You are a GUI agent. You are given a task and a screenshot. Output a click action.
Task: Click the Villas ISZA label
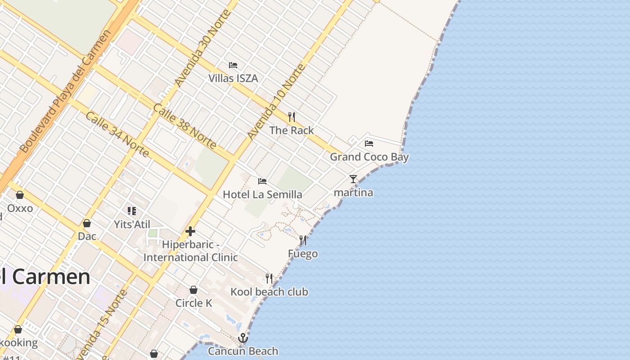pos(233,78)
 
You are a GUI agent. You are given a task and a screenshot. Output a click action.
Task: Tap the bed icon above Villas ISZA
pos(233,65)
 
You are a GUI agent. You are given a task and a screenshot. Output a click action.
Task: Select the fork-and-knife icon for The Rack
pos(292,117)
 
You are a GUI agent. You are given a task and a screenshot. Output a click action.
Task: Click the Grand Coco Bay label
pos(369,157)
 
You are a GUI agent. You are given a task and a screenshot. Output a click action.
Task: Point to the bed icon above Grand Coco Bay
pos(369,144)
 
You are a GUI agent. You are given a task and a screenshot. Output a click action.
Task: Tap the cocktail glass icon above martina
pos(353,179)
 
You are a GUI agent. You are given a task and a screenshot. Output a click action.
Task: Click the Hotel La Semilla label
pos(262,195)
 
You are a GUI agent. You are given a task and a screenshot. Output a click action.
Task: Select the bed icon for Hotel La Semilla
pos(262,181)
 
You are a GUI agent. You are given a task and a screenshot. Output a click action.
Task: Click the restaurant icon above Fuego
pos(303,240)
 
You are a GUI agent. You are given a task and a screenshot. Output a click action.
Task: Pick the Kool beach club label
pos(269,292)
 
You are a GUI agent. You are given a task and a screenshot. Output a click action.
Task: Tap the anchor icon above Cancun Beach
pos(243,337)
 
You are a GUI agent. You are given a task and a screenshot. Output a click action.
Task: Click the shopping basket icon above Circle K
pos(193,290)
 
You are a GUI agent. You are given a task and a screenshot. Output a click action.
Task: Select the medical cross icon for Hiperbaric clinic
pos(190,231)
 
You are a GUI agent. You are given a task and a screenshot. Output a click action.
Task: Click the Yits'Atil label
pos(132,224)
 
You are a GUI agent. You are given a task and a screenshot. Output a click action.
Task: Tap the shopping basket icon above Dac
pos(87,223)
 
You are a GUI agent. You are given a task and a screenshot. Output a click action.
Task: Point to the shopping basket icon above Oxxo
pos(20,195)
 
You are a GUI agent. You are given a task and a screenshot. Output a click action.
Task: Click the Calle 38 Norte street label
pos(184,126)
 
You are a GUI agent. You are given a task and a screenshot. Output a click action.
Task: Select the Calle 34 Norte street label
pos(117,135)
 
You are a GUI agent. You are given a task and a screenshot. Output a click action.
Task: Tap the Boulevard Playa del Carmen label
pos(65,91)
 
